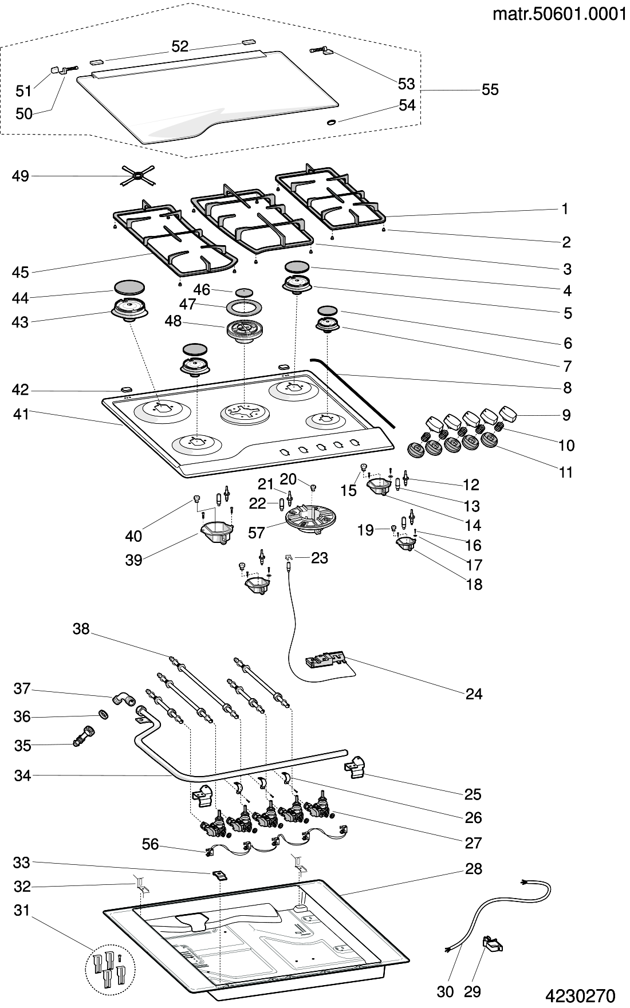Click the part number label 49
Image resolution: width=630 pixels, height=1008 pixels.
point(21,176)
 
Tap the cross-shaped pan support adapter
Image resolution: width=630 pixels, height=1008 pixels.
point(137,176)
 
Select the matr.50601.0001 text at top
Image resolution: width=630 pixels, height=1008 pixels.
point(560,14)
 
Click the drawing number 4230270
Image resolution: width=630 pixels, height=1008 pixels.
point(580,995)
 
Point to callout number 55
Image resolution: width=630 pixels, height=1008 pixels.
point(490,90)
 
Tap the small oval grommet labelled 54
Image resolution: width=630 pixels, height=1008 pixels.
point(331,122)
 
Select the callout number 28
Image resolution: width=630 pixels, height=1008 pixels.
point(474,869)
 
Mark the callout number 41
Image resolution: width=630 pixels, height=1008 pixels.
point(21,414)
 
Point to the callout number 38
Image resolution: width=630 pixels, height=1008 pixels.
point(81,629)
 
